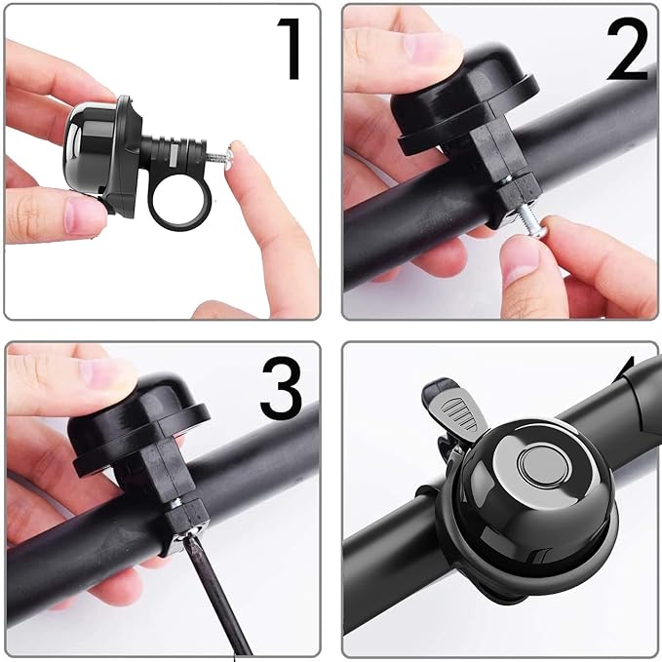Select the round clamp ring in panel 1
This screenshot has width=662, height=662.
[x=176, y=200]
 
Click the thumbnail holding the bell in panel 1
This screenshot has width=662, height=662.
[x=82, y=214]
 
